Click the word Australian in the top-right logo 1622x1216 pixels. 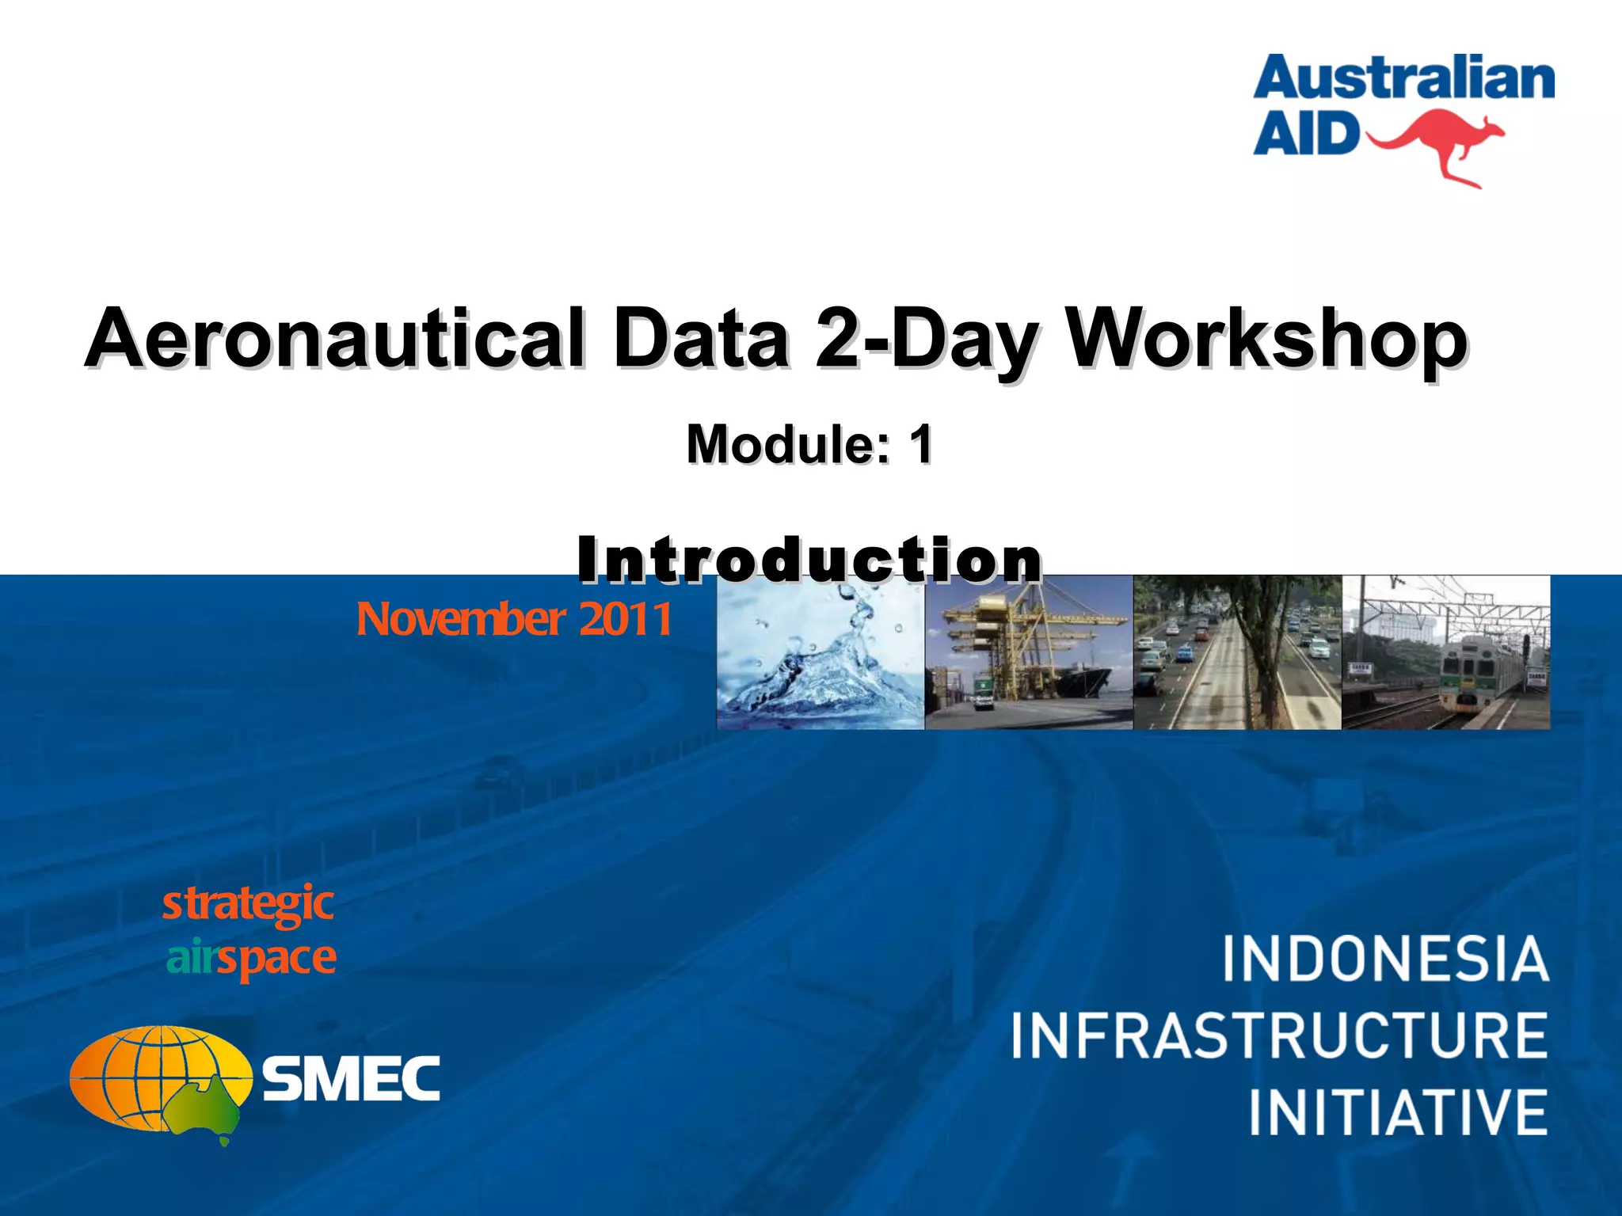coord(1403,80)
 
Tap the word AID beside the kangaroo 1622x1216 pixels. coord(1305,133)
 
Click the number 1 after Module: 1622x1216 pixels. coord(920,444)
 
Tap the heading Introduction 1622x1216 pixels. coord(809,560)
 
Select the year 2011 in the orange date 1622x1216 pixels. coord(625,619)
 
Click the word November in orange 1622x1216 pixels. coord(461,619)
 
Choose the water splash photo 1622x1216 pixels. coord(821,652)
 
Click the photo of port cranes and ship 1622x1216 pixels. coord(1029,652)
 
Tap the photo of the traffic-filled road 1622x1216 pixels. coord(1237,652)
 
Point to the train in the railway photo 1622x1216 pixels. coord(1476,673)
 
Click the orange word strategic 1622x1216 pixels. coord(248,905)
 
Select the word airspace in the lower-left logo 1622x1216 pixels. coord(251,958)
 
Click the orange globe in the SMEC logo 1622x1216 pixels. coord(154,1078)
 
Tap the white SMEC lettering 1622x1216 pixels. coord(351,1078)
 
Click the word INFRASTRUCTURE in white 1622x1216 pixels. coord(1278,1035)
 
